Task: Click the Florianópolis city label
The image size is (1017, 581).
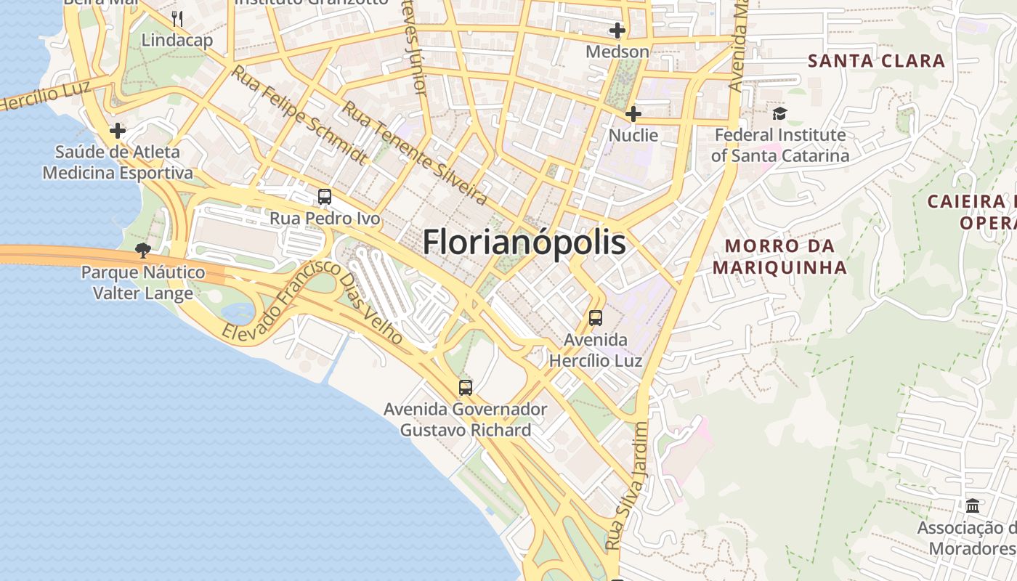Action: [524, 242]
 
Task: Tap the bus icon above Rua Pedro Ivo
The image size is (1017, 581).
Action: [325, 197]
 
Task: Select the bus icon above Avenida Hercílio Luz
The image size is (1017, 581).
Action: [596, 318]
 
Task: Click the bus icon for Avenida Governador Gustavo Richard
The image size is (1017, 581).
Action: [466, 388]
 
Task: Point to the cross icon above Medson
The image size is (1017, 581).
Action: [617, 31]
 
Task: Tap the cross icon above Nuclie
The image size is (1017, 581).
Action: [633, 114]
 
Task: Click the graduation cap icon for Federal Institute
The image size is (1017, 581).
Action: [779, 113]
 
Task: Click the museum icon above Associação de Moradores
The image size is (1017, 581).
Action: [973, 505]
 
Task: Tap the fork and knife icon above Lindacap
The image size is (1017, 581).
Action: [177, 18]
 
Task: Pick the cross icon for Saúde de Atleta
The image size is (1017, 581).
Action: [118, 131]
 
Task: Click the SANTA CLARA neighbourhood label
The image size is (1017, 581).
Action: [877, 61]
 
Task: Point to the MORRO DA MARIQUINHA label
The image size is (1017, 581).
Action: [779, 256]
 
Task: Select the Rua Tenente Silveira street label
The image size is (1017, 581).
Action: [414, 152]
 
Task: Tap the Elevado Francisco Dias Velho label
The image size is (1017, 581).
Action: [312, 301]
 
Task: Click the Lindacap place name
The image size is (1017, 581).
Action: [177, 40]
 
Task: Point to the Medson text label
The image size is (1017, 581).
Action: [617, 52]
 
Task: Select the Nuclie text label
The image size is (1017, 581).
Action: [633, 135]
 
